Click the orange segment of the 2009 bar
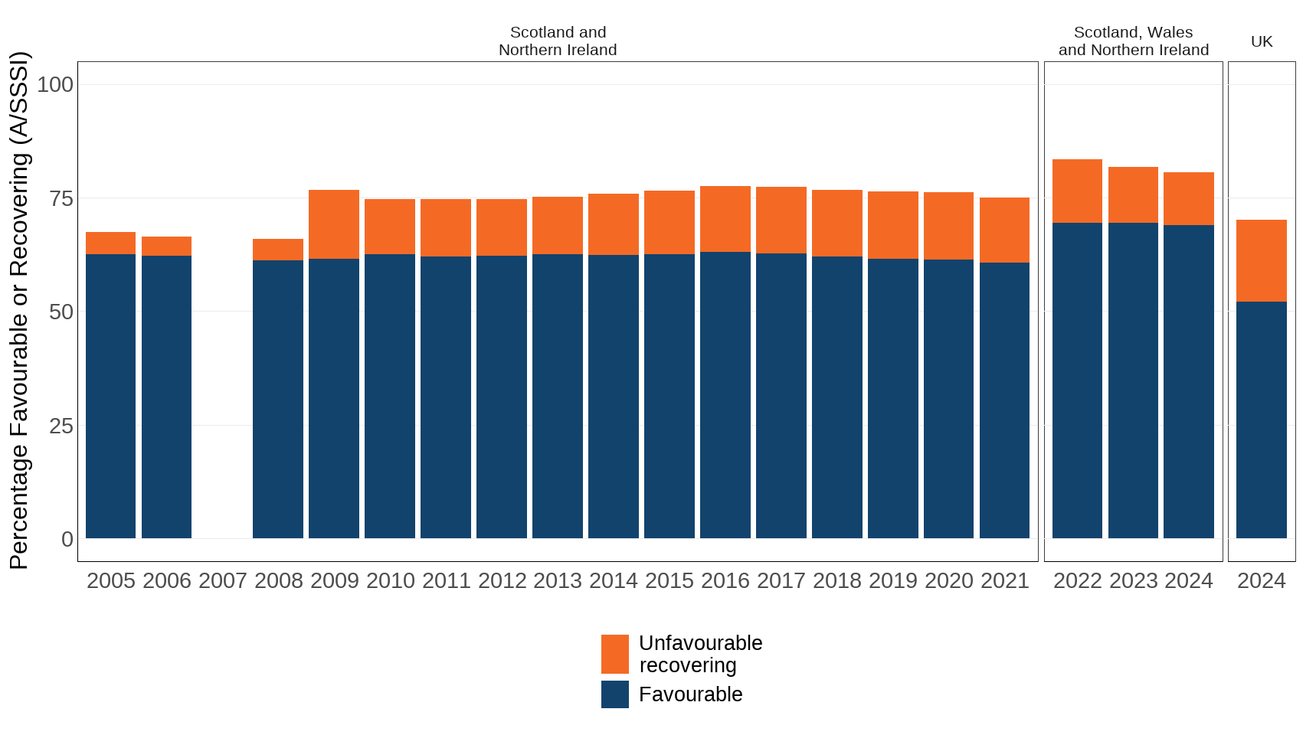pos(334,224)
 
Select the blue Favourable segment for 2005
pos(110,396)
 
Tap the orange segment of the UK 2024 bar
pos(1261,260)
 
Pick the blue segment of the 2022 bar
pos(1077,381)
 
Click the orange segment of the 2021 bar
pos(1004,230)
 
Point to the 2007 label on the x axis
pos(222,580)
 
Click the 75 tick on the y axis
pos(61,198)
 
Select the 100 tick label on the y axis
pos(55,84)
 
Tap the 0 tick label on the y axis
pos(67,539)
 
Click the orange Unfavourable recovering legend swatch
pos(614,654)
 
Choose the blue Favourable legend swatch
pos(614,694)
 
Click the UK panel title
pos(1261,41)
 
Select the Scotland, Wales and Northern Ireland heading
pos(1133,41)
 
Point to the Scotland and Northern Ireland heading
pos(558,41)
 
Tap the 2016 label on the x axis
pos(725,580)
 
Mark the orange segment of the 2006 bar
pos(166,246)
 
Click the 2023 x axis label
pos(1133,580)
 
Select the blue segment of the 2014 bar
pos(613,396)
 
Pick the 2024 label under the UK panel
pos(1261,580)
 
